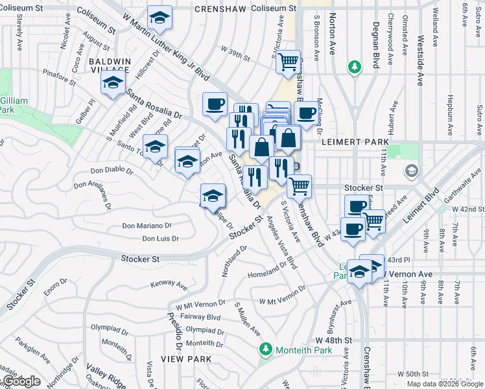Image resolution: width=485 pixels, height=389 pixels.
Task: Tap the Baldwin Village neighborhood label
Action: tap(111, 65)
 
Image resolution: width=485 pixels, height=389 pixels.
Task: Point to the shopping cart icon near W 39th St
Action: tap(289, 62)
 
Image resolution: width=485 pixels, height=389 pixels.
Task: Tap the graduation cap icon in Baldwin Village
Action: tap(113, 84)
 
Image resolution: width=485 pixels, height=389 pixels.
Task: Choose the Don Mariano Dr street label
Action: tap(147, 226)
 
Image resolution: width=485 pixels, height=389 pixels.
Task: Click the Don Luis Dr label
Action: tap(160, 239)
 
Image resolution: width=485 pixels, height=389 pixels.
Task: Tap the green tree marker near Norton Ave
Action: tap(354, 67)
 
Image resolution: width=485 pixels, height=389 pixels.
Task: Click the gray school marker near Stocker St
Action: tap(410, 171)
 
